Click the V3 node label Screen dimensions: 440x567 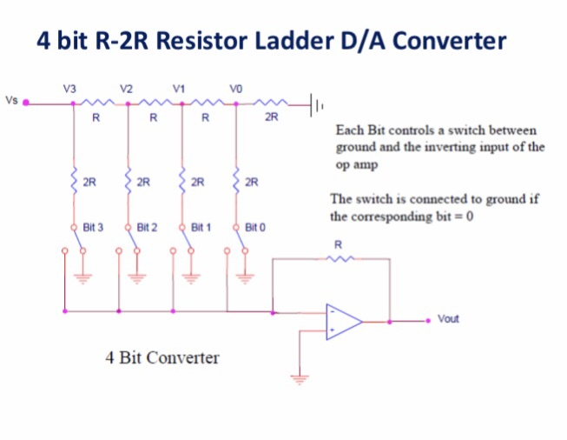pyautogui.click(x=69, y=88)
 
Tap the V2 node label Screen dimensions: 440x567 pyautogui.click(x=126, y=88)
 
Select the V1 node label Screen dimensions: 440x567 pyautogui.click(x=179, y=88)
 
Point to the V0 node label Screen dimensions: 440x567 pyautogui.click(x=234, y=88)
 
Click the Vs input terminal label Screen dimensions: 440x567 pyautogui.click(x=10, y=98)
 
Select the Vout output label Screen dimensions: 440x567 pyautogui.click(x=448, y=318)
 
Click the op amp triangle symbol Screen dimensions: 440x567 pyautogui.click(x=342, y=321)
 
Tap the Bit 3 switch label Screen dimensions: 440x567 pyautogui.click(x=93, y=227)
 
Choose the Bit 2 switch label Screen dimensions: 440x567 pyautogui.click(x=147, y=227)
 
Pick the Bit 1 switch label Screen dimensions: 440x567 pyautogui.click(x=201, y=227)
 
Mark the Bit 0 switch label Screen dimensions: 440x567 pyautogui.click(x=254, y=227)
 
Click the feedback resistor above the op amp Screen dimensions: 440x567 pyautogui.click(x=340, y=257)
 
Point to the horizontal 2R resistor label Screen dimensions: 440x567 pyautogui.click(x=272, y=117)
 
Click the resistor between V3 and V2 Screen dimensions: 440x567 pyautogui.click(x=98, y=103)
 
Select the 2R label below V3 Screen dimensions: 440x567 pyautogui.click(x=89, y=183)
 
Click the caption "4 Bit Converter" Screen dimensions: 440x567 pyautogui.click(x=162, y=357)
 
